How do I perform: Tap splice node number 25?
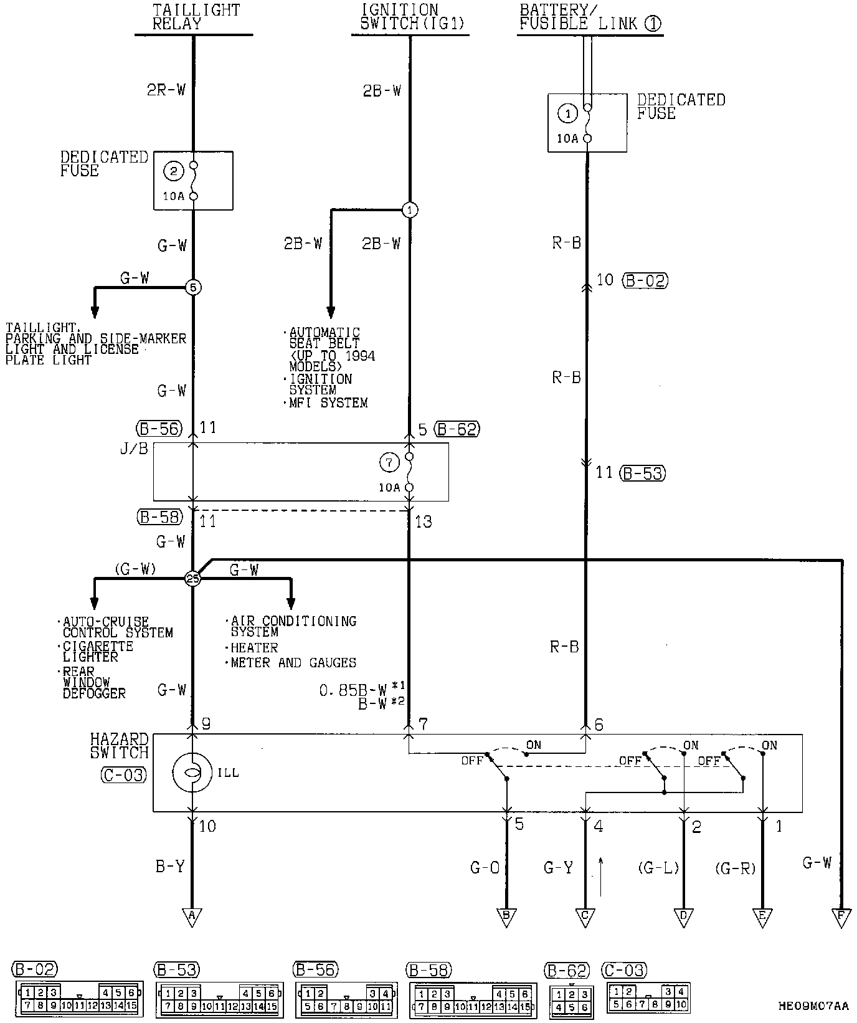(193, 579)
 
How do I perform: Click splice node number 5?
(193, 288)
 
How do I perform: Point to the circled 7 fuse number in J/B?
(389, 462)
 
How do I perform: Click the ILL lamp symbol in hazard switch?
(193, 773)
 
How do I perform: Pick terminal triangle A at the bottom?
(192, 916)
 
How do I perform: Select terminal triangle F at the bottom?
(842, 916)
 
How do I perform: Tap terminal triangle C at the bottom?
(585, 916)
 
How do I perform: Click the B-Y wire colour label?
(169, 867)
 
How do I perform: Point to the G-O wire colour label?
(485, 867)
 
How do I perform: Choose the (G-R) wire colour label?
(735, 867)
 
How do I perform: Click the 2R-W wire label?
(166, 90)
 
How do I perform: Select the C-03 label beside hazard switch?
(123, 775)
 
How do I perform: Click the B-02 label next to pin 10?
(645, 280)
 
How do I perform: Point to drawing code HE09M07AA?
(813, 1006)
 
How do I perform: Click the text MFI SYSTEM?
(328, 403)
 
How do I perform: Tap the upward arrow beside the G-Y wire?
(601, 876)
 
